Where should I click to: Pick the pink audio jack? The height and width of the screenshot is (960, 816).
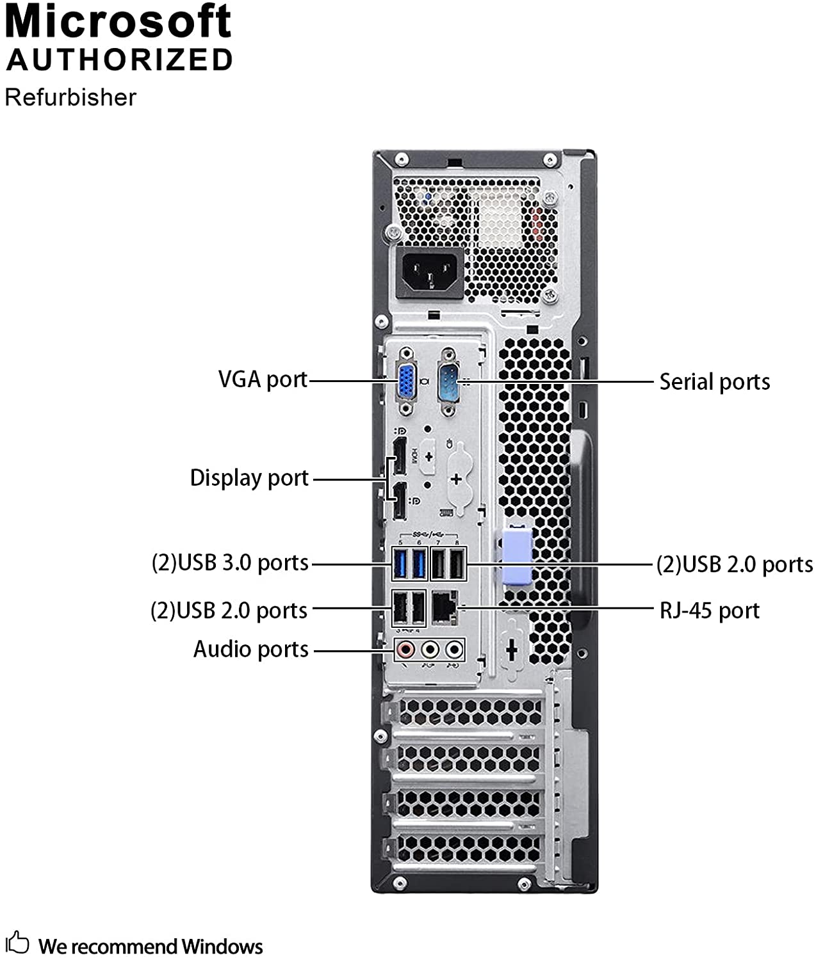pos(405,650)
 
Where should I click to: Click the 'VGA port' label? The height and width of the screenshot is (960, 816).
pos(263,380)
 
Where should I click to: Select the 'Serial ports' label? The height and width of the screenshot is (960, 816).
pos(714,382)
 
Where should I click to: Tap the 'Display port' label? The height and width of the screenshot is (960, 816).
pos(249,478)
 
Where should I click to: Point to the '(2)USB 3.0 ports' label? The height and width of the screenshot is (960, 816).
pos(230,563)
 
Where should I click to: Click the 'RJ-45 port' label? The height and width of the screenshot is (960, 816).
pos(709,611)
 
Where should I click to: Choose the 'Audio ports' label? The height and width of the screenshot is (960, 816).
pos(250,650)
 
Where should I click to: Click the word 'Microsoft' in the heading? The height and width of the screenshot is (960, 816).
pos(118,22)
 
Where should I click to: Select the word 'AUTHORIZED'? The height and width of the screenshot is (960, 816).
pos(119,60)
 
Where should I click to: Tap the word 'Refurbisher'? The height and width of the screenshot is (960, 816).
pos(70,98)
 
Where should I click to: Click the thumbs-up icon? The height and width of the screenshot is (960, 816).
pos(17,943)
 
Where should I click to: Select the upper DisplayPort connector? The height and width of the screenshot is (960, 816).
pos(398,457)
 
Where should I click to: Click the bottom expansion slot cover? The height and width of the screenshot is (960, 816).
pos(468,849)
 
